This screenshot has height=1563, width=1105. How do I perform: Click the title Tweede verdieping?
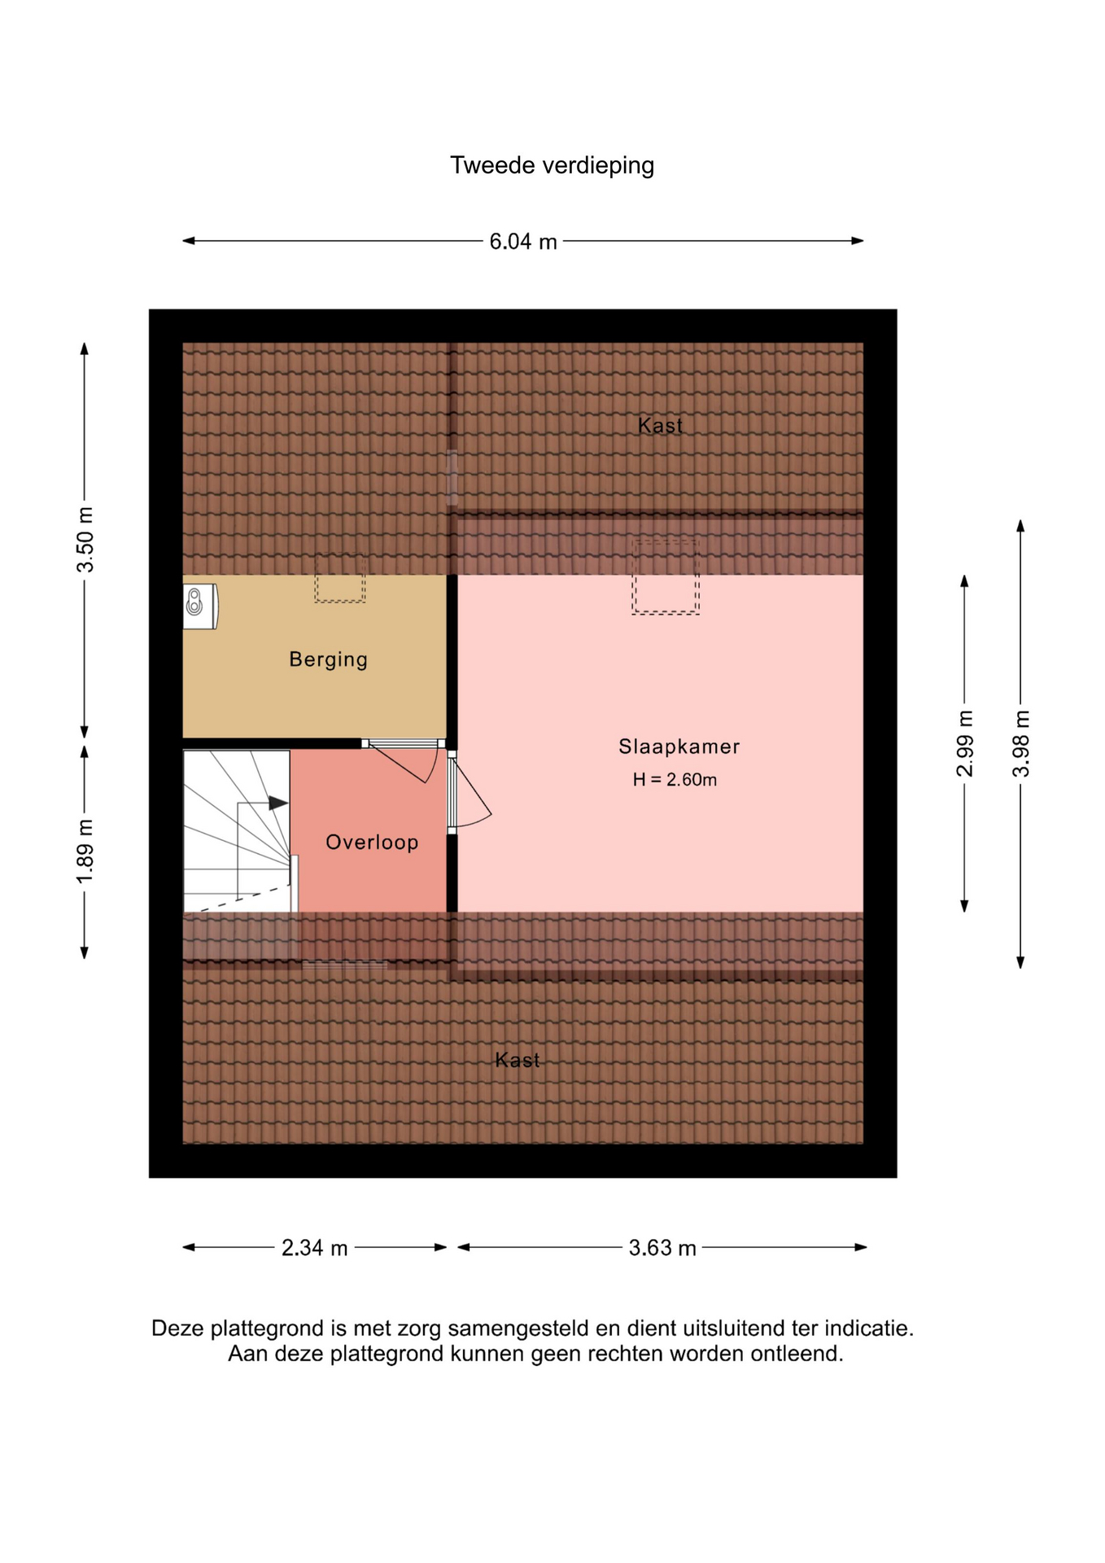[x=552, y=166]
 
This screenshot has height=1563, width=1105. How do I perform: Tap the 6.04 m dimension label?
[x=523, y=242]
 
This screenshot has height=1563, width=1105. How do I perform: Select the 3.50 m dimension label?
[x=85, y=539]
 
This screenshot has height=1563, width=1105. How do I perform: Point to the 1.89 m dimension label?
[x=85, y=852]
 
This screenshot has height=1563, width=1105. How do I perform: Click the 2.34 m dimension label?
[x=315, y=1248]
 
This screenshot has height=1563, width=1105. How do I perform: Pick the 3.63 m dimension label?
[x=662, y=1248]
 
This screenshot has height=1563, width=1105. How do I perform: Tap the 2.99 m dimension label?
[x=964, y=743]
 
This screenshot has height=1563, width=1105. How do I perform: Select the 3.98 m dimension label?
[x=1021, y=743]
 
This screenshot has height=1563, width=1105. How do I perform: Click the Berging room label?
[x=329, y=659]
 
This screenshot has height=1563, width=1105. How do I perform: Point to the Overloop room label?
[x=372, y=842]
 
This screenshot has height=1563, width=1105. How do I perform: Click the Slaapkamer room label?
[x=679, y=746]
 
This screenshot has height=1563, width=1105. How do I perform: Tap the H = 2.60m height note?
[x=675, y=780]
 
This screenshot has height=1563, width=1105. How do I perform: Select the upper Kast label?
[x=660, y=425]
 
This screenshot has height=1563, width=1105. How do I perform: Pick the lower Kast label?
[x=518, y=1060]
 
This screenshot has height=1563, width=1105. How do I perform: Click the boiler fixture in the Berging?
[x=200, y=606]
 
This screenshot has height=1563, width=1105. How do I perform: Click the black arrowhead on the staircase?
[x=278, y=803]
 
